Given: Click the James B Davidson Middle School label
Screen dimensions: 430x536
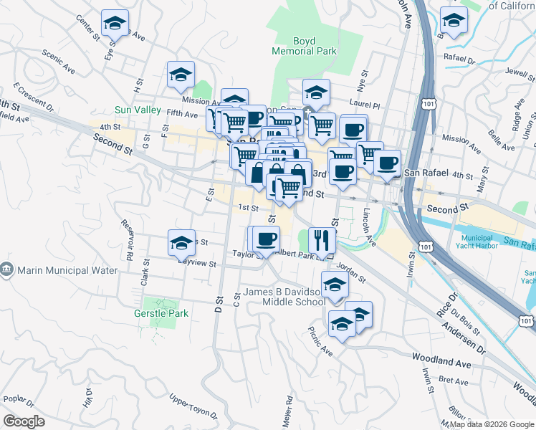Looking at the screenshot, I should pos(284,297).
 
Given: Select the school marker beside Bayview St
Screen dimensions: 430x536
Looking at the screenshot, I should pos(181,242).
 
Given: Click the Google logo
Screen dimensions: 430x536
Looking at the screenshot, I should pos(24,421).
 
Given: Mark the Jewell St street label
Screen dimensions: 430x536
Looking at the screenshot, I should pos(520,72).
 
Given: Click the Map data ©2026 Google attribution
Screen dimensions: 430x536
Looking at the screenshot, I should pos(491,424).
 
